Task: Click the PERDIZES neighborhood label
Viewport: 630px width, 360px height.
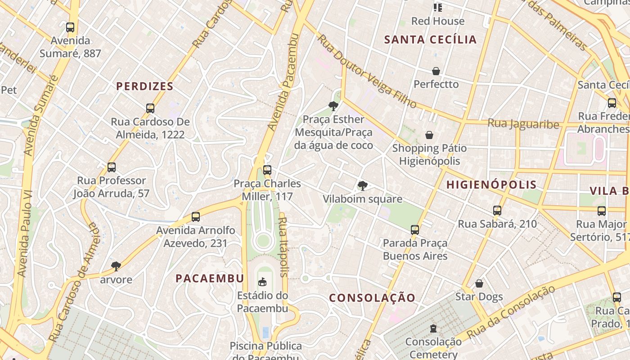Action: click(x=145, y=86)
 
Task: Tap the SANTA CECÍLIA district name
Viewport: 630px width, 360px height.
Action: click(x=430, y=40)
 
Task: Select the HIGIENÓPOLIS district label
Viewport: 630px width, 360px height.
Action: click(x=491, y=184)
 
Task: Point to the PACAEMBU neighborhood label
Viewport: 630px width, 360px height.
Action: click(x=210, y=278)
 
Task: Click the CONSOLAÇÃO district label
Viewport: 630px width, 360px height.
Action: click(x=372, y=298)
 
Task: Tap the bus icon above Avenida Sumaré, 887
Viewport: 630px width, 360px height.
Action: click(x=70, y=27)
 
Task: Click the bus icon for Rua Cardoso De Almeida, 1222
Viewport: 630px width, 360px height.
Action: click(x=150, y=108)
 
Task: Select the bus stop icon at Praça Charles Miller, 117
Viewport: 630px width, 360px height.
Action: click(x=267, y=170)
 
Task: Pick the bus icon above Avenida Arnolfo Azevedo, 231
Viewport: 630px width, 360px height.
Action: click(x=196, y=217)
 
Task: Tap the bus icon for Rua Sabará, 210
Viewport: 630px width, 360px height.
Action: click(x=497, y=211)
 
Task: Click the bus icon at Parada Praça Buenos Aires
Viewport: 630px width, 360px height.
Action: click(x=415, y=230)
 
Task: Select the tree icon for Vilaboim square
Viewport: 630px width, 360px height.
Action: click(x=362, y=186)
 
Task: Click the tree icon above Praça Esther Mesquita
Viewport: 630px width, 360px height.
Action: click(x=333, y=106)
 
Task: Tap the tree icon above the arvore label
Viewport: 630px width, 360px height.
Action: click(x=116, y=266)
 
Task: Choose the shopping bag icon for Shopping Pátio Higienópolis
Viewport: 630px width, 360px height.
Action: click(x=429, y=135)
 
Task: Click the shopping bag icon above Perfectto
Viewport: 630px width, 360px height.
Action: click(x=436, y=71)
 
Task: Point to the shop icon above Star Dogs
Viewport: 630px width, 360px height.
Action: click(x=479, y=283)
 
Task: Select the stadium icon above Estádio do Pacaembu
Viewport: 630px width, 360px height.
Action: click(x=262, y=282)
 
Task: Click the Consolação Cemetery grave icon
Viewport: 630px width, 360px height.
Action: click(x=433, y=328)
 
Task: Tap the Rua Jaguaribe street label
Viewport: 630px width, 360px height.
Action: click(x=523, y=124)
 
